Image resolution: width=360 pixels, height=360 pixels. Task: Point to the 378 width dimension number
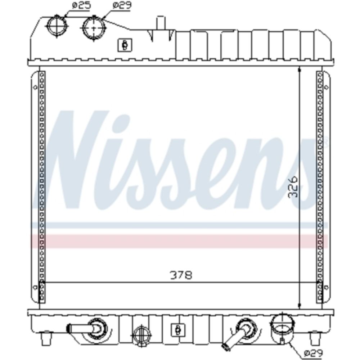181,275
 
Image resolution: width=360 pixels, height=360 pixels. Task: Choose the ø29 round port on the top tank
94,28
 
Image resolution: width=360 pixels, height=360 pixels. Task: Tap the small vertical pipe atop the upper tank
161,23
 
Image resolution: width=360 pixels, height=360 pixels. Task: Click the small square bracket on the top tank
125,45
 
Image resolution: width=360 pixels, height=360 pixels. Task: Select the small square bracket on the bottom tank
178,330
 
